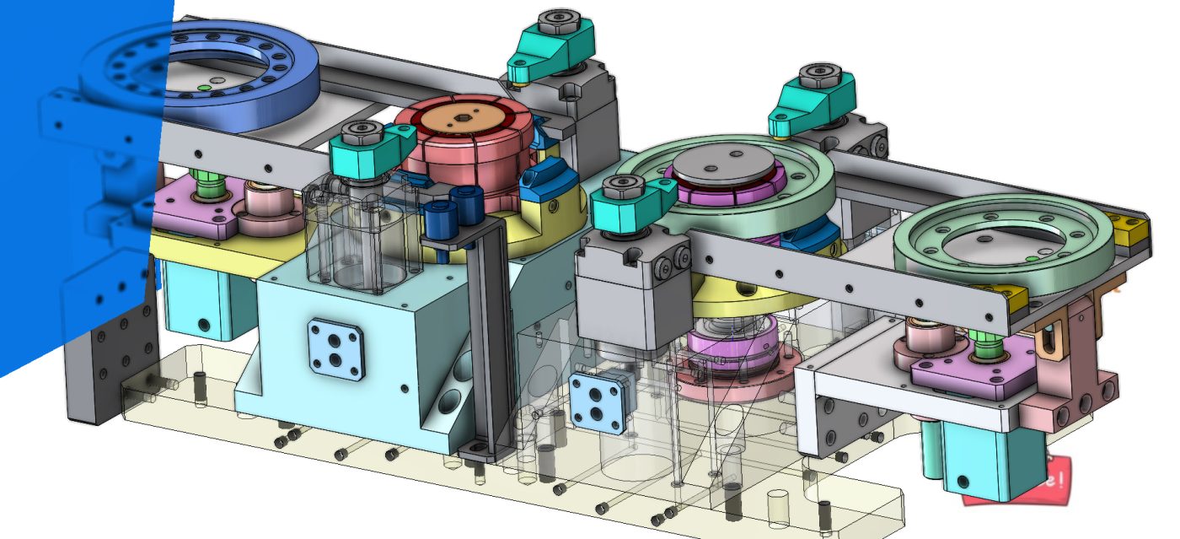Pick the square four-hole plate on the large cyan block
point(335,347)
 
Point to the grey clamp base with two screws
point(632,287)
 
